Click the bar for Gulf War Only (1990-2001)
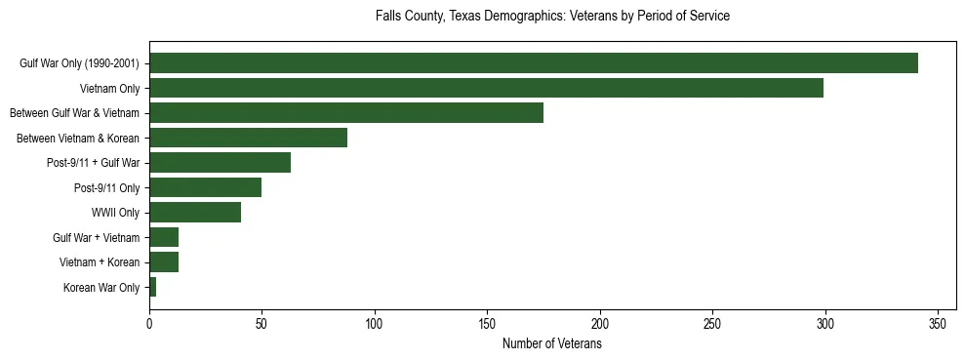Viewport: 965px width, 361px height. pos(533,63)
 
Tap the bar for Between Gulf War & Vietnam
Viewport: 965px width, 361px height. pos(345,113)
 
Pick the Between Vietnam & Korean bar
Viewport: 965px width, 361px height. pos(248,139)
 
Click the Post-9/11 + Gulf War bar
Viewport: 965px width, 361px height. pos(220,163)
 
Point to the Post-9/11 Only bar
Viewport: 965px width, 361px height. pos(205,188)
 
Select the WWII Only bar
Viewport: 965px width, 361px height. pos(195,213)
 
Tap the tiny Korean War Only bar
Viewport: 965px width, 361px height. pos(152,287)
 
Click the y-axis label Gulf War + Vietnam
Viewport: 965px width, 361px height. pos(96,238)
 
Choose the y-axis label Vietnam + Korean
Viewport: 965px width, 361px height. pos(100,262)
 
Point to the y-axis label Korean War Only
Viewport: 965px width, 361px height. pos(101,288)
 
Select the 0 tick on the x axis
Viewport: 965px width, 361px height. pos(149,323)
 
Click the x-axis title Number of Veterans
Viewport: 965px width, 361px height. pos(551,343)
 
